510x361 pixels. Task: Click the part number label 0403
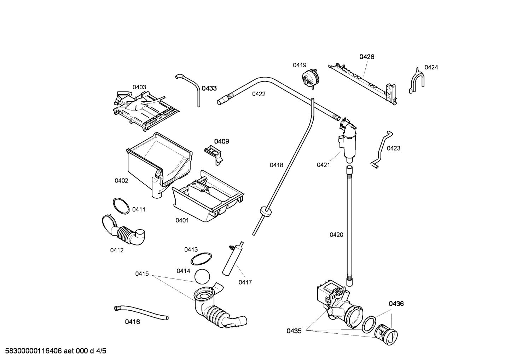pyautogui.click(x=139, y=87)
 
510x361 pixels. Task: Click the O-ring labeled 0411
pyautogui.click(x=121, y=206)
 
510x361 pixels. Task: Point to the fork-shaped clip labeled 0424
pyautogui.click(x=417, y=80)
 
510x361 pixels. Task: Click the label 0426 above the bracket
pyautogui.click(x=367, y=57)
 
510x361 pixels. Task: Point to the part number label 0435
pyautogui.click(x=294, y=331)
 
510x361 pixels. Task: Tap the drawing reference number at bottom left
pyautogui.click(x=53, y=351)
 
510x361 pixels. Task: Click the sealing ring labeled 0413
pyautogui.click(x=201, y=259)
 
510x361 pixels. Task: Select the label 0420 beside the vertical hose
pyautogui.click(x=336, y=235)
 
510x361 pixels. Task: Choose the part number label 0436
pyautogui.click(x=396, y=304)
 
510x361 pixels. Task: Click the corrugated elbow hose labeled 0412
pyautogui.click(x=124, y=231)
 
